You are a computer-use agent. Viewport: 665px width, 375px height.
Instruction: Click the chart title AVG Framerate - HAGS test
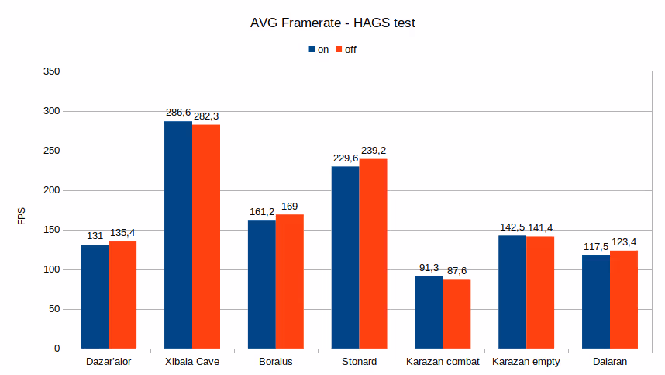(332, 23)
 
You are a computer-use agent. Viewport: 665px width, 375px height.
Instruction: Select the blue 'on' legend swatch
(312, 49)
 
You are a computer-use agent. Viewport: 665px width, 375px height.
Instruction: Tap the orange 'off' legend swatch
(339, 49)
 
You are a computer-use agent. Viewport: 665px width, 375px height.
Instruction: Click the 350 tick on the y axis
(51, 71)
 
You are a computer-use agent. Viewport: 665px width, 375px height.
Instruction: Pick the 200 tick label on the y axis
(51, 190)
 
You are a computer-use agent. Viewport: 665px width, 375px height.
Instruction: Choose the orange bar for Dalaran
(624, 299)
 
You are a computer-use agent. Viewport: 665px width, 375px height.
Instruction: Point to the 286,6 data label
(178, 113)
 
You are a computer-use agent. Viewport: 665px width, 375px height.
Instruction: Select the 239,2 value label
(373, 150)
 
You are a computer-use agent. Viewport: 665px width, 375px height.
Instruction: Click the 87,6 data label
(457, 270)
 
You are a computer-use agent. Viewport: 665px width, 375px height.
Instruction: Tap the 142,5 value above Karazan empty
(512, 227)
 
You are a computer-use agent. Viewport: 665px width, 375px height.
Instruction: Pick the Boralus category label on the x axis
(276, 362)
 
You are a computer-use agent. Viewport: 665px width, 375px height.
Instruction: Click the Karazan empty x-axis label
(526, 362)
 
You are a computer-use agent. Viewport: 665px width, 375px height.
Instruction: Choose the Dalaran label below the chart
(610, 362)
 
